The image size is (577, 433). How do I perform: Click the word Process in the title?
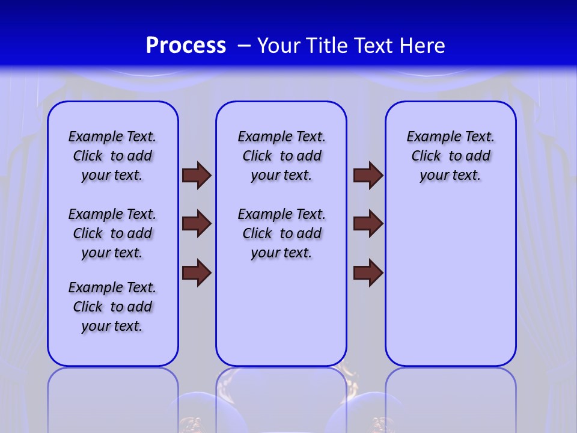point(186,45)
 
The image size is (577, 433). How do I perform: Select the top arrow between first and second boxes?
point(197,175)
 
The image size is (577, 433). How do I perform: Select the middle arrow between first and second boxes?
point(197,224)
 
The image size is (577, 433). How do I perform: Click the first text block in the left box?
point(112,156)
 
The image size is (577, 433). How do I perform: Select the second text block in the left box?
point(112,233)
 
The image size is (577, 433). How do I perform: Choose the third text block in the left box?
point(112,307)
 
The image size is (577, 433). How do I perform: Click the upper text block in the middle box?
point(281,156)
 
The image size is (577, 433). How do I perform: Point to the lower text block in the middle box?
point(281,233)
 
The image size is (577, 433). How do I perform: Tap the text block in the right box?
point(450,156)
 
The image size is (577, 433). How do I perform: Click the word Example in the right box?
point(430,137)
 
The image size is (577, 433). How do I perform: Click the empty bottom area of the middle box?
point(281,319)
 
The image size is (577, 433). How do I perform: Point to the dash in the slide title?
point(244,46)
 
